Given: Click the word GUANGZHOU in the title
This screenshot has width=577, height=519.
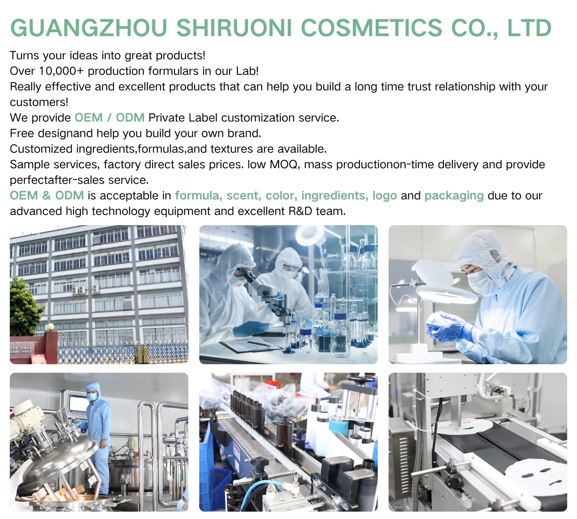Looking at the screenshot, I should coord(88,28).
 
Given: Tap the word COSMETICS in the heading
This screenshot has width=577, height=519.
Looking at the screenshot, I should coord(371,28).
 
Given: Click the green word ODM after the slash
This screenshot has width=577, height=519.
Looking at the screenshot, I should coord(130,118).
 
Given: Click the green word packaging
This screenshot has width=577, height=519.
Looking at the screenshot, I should coord(454,196).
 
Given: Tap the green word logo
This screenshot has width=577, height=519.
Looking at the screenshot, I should coord(384,196).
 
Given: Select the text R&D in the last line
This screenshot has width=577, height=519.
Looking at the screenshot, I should coord(300,211).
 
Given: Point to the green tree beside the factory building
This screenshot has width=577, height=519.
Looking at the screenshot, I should coord(24,306).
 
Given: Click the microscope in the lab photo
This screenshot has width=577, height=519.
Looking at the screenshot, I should coord(264,288).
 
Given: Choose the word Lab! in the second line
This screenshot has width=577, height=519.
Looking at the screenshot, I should coord(247,71).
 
